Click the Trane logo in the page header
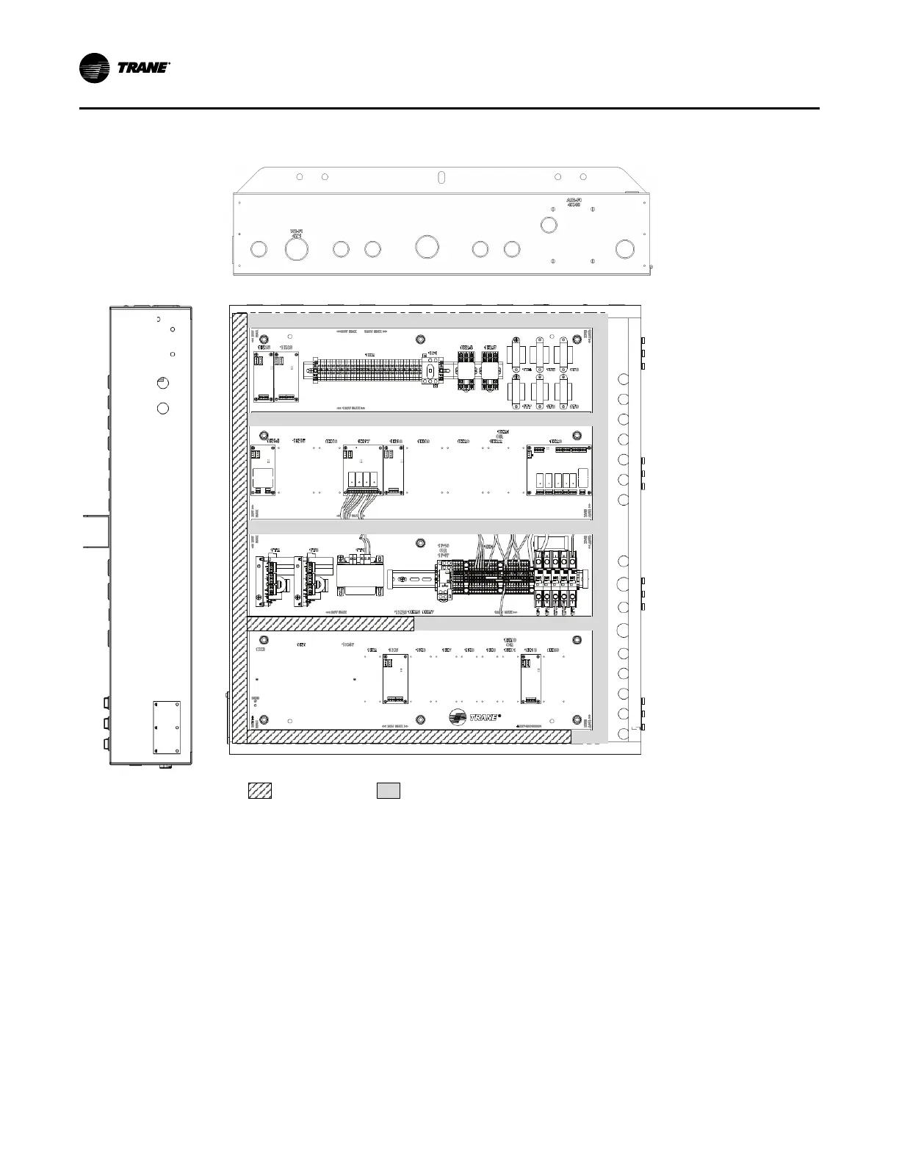125,68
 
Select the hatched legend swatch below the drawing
259,791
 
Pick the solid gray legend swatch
389,791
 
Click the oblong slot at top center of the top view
441,178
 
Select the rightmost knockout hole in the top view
624,248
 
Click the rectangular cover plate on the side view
167,727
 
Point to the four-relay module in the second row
361,470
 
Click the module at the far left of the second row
262,470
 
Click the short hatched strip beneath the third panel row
331,625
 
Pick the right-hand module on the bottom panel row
530,678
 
